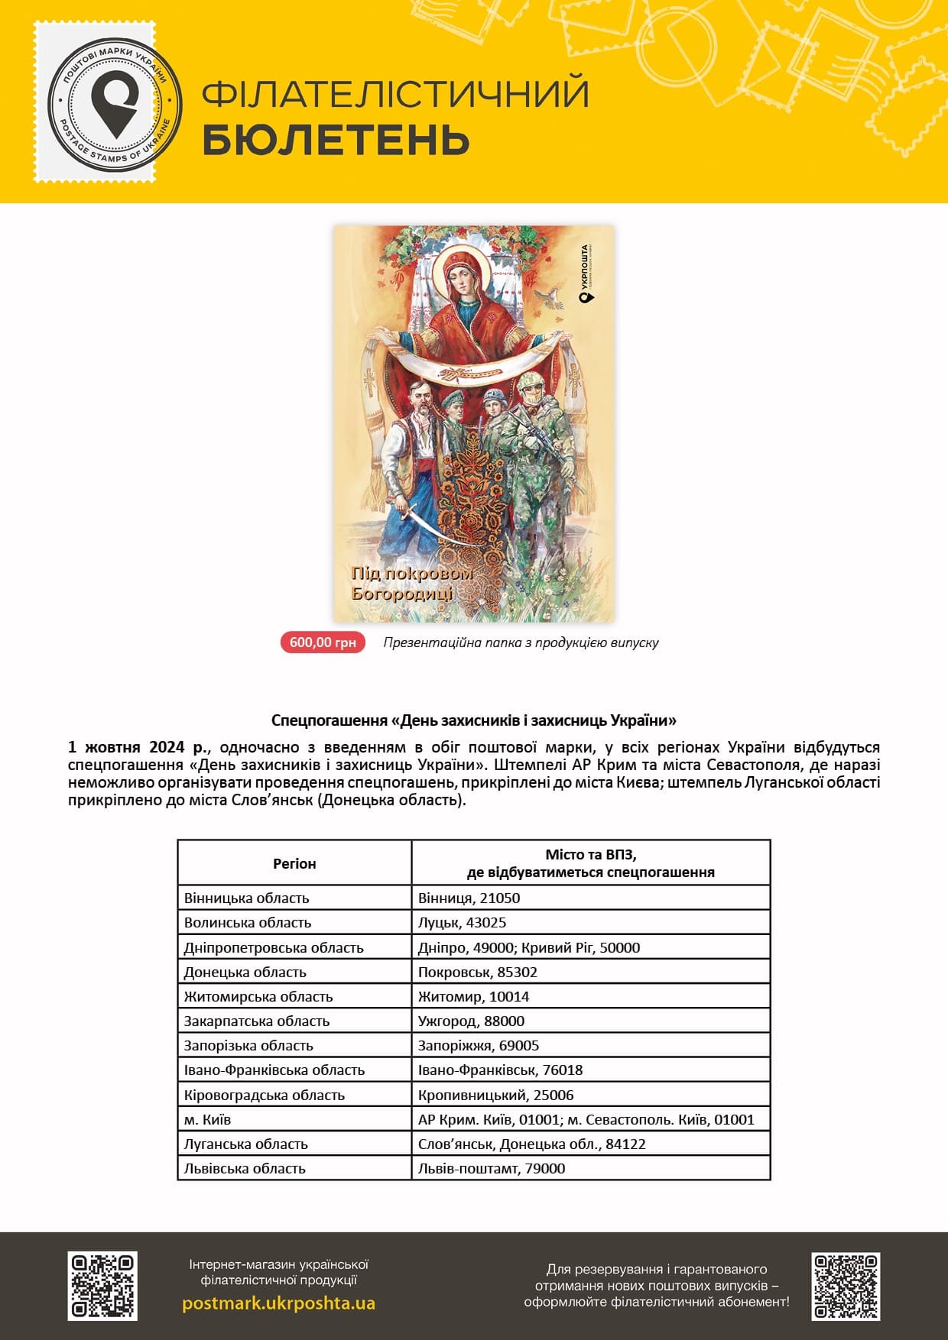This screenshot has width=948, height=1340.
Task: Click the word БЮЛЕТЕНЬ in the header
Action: point(336,140)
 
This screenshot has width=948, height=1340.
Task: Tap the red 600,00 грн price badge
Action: point(323,642)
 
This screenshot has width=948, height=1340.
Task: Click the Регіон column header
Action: point(294,863)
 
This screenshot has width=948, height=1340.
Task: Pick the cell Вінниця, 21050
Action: point(469,898)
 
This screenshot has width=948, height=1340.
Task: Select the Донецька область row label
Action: point(245,972)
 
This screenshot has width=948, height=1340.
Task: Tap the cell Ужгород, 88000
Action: point(471,1021)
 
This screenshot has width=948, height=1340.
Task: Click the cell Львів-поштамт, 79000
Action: point(492,1168)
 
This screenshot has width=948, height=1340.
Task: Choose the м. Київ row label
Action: point(207,1119)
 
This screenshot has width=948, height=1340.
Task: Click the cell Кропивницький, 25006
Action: point(495,1095)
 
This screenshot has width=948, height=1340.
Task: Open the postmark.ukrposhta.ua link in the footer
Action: point(278,1303)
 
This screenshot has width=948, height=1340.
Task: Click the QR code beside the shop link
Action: point(102,1286)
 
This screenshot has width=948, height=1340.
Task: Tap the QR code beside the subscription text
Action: point(846,1286)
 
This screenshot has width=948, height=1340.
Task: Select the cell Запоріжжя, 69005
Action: point(479,1045)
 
